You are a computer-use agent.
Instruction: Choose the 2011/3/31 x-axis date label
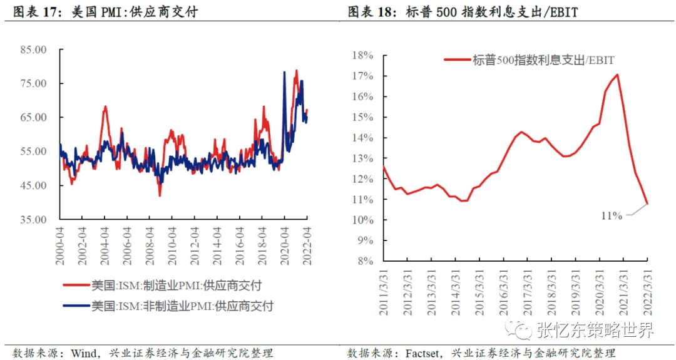(383, 285)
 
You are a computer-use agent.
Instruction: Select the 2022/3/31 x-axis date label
(647, 285)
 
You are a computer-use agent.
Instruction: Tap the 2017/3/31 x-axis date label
(527, 285)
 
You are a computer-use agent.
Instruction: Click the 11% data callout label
(612, 216)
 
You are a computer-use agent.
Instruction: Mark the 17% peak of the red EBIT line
(617, 75)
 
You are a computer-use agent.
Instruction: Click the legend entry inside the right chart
(530, 60)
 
